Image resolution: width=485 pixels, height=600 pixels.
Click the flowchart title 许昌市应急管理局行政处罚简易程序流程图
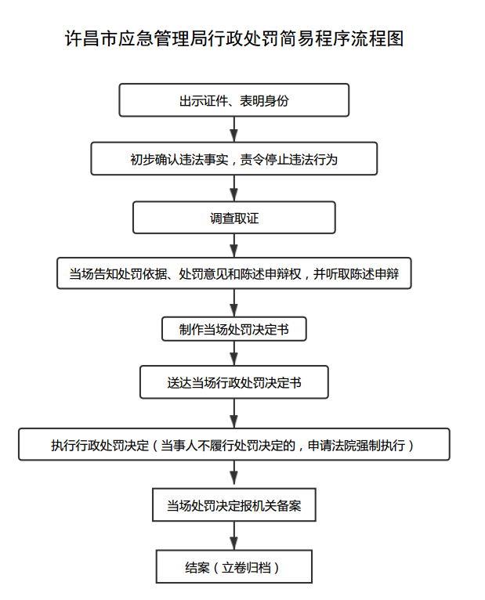pyautogui.click(x=234, y=38)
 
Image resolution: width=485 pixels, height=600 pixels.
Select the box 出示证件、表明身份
pyautogui.click(x=234, y=100)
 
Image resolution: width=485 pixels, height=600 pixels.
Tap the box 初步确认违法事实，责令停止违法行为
pyautogui.click(x=234, y=159)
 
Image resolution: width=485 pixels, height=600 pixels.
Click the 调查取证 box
pyautogui.click(x=234, y=218)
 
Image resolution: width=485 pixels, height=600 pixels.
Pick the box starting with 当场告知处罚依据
pyautogui.click(x=234, y=273)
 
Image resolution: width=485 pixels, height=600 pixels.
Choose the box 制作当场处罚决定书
pyautogui.click(x=234, y=329)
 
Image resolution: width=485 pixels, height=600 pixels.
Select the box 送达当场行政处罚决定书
pyautogui.click(x=234, y=382)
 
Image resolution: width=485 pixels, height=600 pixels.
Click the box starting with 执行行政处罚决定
pyautogui.click(x=234, y=444)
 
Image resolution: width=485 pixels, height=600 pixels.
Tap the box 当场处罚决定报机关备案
pyautogui.click(x=234, y=504)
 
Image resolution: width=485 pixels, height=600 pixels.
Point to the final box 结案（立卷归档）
pyautogui.click(x=234, y=566)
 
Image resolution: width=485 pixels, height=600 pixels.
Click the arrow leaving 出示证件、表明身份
pyautogui.click(x=234, y=129)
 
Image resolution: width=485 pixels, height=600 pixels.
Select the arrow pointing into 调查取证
pyautogui.click(x=234, y=188)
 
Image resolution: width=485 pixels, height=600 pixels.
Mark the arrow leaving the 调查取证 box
pyautogui.click(x=234, y=245)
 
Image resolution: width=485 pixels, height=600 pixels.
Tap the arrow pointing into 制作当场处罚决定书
pyautogui.click(x=234, y=302)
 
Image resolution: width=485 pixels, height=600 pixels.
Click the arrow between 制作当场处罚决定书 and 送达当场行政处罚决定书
pyautogui.click(x=234, y=353)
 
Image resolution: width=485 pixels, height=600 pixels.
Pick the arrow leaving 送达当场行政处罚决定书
pyautogui.click(x=234, y=414)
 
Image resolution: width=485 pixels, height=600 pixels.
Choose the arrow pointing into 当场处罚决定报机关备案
pyautogui.click(x=234, y=474)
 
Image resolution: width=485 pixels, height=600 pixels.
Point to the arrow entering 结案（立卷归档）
pyautogui.click(x=234, y=535)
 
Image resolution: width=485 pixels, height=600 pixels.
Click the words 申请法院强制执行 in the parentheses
pyautogui.click(x=356, y=445)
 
